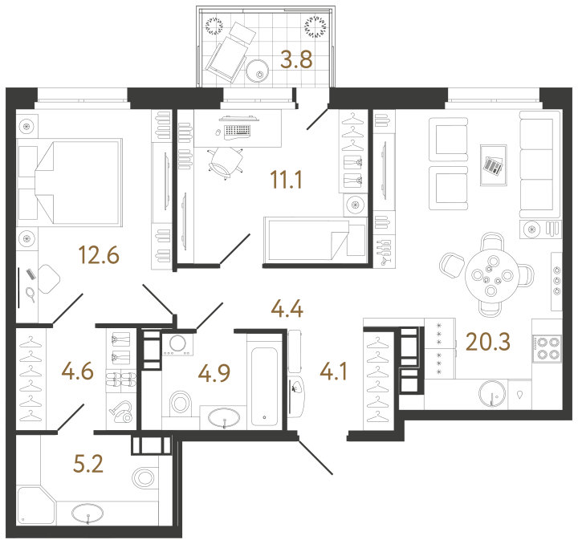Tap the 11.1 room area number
tap(286, 181)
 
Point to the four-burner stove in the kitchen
tap(547, 350)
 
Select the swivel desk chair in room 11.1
tap(226, 160)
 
